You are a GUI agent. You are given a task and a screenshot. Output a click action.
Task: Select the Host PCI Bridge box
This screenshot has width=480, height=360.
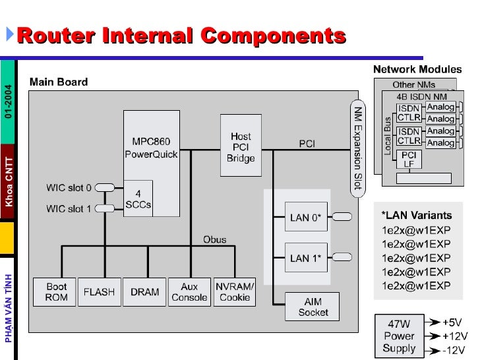pos(241,145)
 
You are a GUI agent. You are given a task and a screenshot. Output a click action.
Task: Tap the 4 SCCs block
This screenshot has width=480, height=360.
pos(138,198)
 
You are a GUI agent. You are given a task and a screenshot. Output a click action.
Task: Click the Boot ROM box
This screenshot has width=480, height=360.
pos(56,292)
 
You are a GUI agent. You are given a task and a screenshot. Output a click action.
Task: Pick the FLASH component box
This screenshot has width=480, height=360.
pos(98,292)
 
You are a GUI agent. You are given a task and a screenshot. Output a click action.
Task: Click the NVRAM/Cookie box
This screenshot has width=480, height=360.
pos(235,292)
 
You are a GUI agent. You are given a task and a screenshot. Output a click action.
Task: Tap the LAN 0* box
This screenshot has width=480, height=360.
pos(305,217)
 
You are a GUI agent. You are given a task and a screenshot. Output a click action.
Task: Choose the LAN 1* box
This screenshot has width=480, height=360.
pos(305,258)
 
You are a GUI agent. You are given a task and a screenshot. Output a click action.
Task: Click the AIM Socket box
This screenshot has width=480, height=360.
pos(313,307)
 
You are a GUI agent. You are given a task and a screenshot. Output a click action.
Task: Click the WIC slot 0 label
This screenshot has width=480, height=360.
pos(69,188)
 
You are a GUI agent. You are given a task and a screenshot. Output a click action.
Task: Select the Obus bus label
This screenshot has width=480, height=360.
pos(214,239)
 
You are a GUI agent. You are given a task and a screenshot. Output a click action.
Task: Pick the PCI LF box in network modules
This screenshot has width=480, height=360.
pos(409,159)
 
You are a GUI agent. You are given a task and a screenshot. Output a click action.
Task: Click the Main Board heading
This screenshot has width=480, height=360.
pos(58,82)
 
